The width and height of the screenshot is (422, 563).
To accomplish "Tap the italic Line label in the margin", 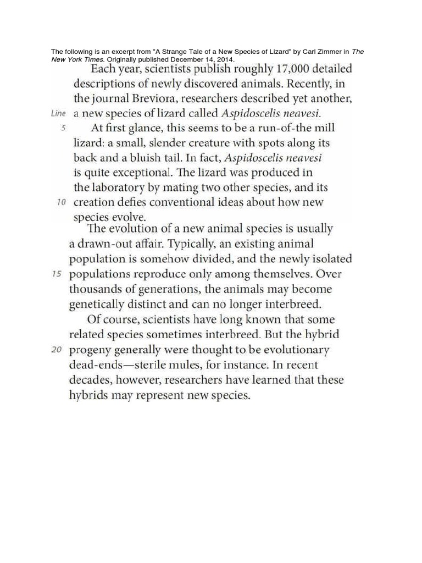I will (x=58, y=114).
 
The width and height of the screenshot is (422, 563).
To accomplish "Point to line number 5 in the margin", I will (x=63, y=128).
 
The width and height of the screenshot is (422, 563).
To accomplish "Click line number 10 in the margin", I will (x=62, y=202).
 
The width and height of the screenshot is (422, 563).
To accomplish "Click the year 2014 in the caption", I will (x=226, y=59).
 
